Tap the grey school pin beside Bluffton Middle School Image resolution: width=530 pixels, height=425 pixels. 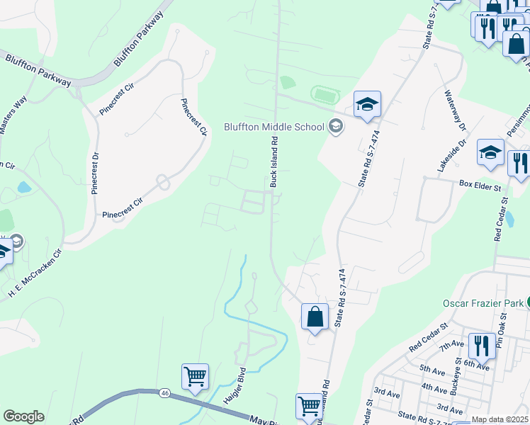(335, 127)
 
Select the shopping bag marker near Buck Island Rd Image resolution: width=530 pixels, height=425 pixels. (315, 316)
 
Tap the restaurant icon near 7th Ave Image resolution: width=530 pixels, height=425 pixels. (481, 346)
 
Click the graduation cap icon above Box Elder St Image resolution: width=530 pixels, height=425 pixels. (490, 153)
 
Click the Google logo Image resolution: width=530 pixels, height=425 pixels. (23, 416)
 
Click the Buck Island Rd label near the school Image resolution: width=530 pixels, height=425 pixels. (273, 162)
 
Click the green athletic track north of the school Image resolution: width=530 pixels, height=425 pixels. (325, 93)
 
